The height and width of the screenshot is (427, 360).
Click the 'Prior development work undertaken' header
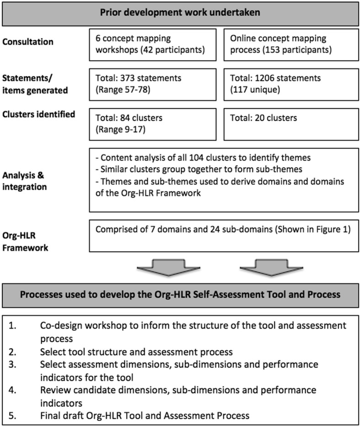(180, 12)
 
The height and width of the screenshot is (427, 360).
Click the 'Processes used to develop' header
(180, 294)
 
